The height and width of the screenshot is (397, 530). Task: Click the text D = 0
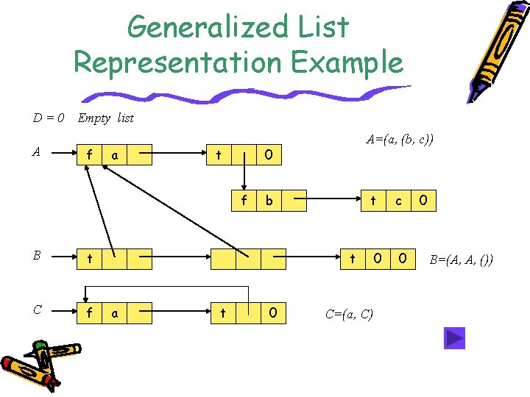49,118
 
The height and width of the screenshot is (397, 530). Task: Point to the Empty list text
106,118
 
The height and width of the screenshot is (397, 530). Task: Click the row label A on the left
36,152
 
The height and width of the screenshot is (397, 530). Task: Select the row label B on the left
36,257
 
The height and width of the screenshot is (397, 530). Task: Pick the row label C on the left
36,310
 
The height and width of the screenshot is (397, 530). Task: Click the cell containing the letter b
269,201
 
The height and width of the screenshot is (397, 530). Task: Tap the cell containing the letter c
398,201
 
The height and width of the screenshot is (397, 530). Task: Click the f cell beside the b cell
244,201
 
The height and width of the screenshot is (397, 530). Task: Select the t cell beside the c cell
373,201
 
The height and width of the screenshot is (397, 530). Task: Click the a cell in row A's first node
114,155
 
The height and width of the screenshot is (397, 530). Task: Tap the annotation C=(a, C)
349,314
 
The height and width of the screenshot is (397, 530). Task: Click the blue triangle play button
454,338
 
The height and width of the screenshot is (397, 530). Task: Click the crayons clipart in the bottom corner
37,364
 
